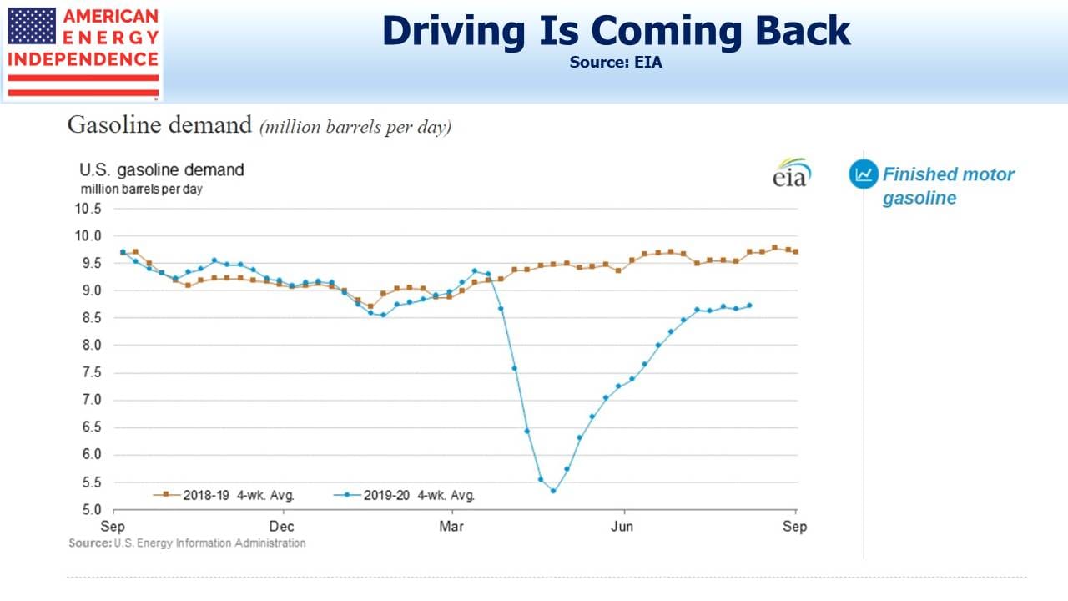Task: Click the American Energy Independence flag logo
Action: click(x=83, y=52)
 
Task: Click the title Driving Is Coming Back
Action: click(x=616, y=31)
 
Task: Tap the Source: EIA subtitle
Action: click(x=616, y=63)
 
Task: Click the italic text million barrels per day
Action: click(x=355, y=128)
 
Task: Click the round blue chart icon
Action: click(x=864, y=174)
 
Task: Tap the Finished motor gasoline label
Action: click(x=948, y=186)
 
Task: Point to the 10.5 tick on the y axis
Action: click(x=88, y=209)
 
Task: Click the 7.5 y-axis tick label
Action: click(x=92, y=372)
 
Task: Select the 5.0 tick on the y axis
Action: click(x=92, y=509)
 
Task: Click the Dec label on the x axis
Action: click(x=281, y=527)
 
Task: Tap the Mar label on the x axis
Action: click(x=451, y=527)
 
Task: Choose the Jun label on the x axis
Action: click(x=622, y=527)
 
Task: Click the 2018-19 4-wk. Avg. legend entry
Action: click(x=224, y=495)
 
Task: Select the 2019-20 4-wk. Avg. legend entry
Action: click(x=405, y=495)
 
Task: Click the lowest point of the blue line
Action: click(x=553, y=491)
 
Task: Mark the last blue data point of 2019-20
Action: click(x=749, y=306)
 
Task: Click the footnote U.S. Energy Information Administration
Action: click(x=209, y=543)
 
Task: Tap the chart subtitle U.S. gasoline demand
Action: click(x=162, y=170)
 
